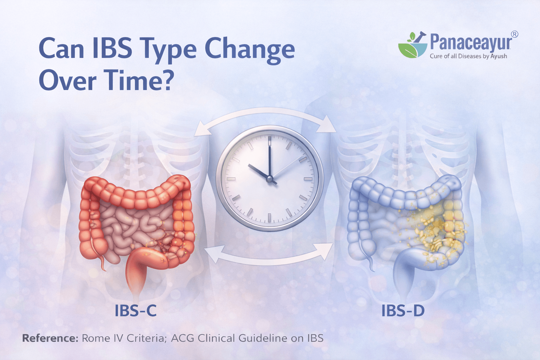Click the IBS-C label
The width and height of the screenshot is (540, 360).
[x=135, y=311]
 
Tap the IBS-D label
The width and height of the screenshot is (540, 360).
[x=403, y=311]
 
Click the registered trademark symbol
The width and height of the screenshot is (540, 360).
[x=514, y=34]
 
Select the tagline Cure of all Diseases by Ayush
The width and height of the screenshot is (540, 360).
[x=468, y=56]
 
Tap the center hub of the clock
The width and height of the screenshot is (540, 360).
[x=270, y=179]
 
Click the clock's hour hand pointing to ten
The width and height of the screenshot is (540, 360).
[x=258, y=171]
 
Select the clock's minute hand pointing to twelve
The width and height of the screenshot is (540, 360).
[x=270, y=158]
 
